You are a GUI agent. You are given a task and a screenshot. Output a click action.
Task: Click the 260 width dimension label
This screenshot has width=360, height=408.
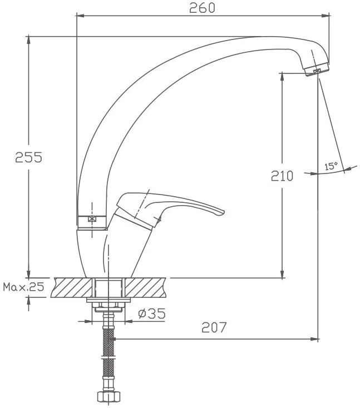202,8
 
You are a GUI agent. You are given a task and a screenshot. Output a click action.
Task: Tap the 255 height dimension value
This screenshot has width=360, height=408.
28,157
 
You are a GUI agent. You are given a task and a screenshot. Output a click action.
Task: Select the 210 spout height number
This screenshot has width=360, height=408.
282,176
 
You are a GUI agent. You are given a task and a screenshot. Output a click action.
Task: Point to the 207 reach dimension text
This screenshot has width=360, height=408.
214,327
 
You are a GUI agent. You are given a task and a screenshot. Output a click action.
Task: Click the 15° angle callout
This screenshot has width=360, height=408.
331,166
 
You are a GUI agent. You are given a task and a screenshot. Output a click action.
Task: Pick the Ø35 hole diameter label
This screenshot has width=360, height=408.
152,314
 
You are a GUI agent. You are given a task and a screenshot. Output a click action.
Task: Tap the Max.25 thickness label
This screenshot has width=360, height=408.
24,287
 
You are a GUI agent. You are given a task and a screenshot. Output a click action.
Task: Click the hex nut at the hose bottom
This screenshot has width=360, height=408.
109,397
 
